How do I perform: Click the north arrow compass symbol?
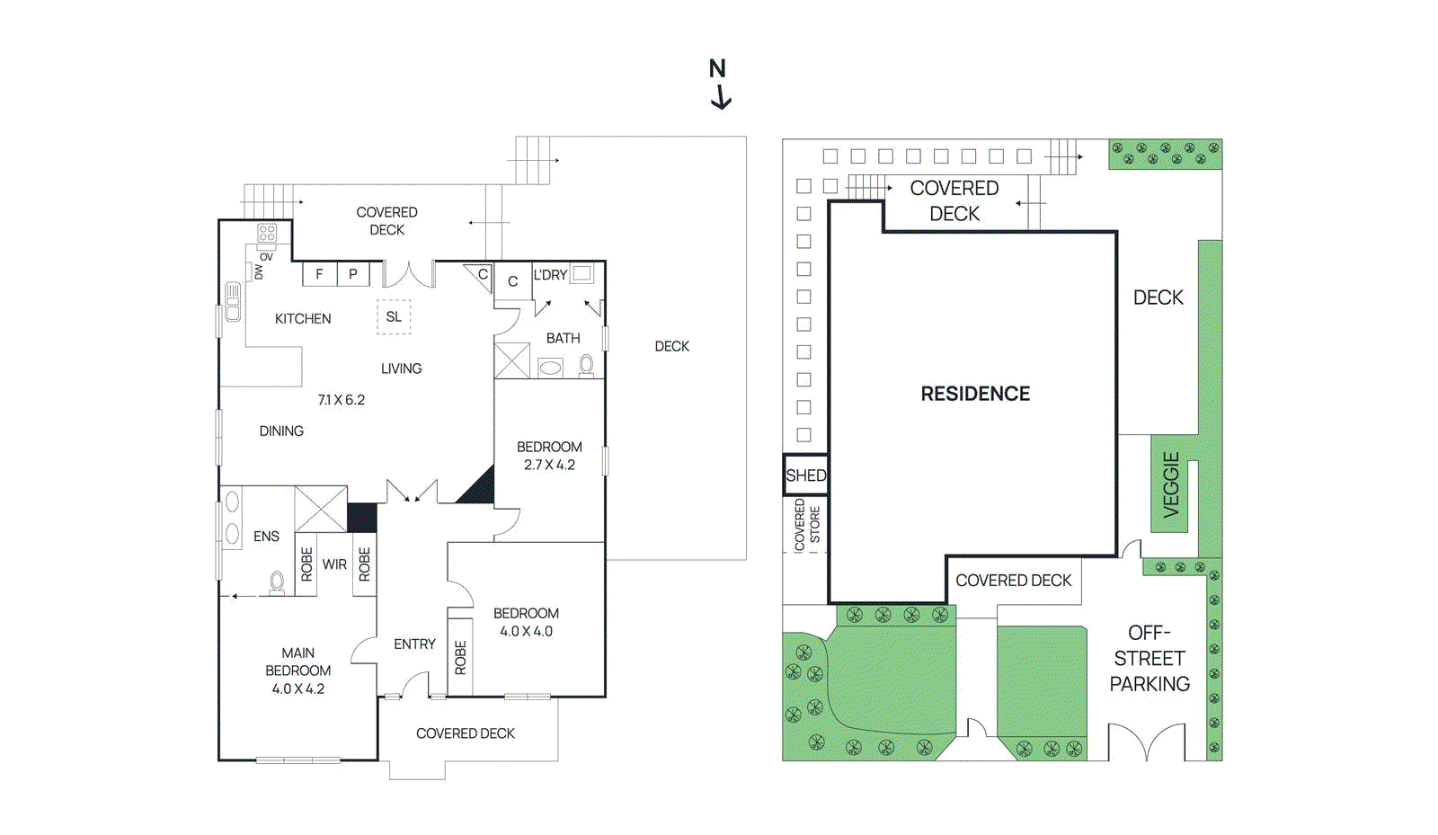click(719, 84)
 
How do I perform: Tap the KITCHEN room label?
click(303, 319)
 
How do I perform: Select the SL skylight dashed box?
click(394, 317)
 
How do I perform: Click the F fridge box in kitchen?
click(319, 274)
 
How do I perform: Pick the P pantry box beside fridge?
click(353, 274)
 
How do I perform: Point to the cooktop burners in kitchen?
click(267, 233)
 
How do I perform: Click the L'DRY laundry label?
click(550, 275)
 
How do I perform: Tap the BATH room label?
click(564, 339)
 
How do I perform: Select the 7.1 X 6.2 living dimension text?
click(342, 400)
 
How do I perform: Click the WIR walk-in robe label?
click(334, 564)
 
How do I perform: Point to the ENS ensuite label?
click(266, 537)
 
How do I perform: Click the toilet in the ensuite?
click(278, 583)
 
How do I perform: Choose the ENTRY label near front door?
click(414, 644)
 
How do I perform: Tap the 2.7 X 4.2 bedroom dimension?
click(549, 465)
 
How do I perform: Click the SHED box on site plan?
click(805, 475)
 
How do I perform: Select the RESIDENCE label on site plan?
click(975, 394)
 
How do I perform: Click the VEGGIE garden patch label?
click(1170, 484)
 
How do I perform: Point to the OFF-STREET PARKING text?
click(1150, 659)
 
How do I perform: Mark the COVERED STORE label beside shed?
click(806, 525)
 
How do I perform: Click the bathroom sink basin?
click(550, 367)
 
